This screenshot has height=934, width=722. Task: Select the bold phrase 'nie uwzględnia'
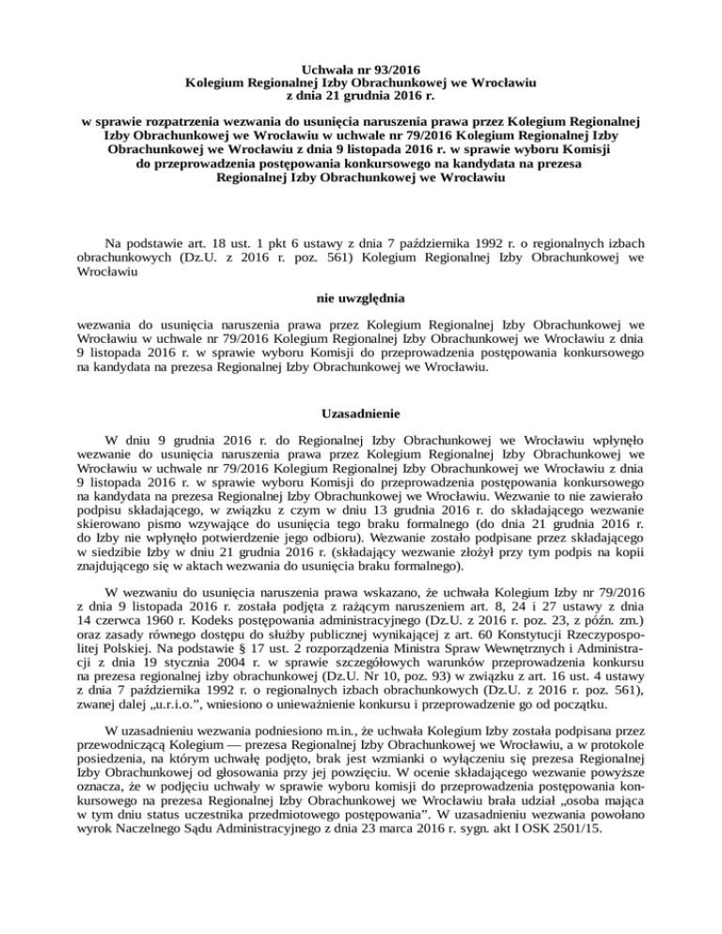click(361, 300)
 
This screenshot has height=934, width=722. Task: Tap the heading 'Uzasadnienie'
click(361, 413)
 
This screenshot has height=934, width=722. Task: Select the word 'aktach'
click(200, 570)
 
